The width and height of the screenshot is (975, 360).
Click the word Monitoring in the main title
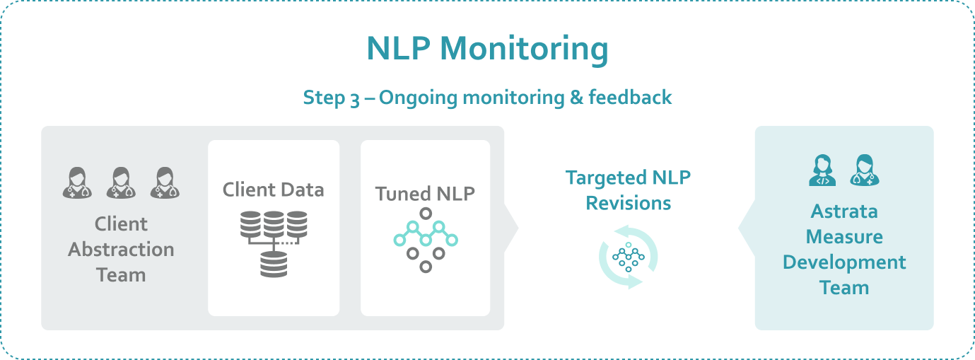click(524, 50)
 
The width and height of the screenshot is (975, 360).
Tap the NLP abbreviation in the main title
click(398, 48)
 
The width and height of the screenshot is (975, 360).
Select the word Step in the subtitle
click(324, 98)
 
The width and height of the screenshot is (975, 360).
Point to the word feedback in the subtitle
click(630, 97)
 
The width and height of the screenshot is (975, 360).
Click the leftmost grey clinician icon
click(77, 183)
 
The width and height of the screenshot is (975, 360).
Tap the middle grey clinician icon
click(121, 183)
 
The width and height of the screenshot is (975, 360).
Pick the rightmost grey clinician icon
click(165, 183)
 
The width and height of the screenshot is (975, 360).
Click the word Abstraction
click(121, 250)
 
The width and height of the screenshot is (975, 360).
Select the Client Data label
click(274, 190)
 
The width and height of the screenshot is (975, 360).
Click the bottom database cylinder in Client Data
click(274, 265)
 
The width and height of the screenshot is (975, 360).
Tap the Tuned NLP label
click(425, 194)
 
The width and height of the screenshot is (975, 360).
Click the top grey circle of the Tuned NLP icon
click(426, 214)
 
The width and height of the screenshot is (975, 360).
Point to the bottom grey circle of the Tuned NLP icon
click(426, 267)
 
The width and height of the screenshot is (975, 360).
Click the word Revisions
click(628, 203)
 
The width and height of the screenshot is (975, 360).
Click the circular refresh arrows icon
click(628, 257)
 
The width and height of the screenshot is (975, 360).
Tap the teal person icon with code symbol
click(822, 170)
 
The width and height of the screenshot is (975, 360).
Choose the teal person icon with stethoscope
click(865, 170)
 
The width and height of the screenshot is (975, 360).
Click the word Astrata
click(844, 211)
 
